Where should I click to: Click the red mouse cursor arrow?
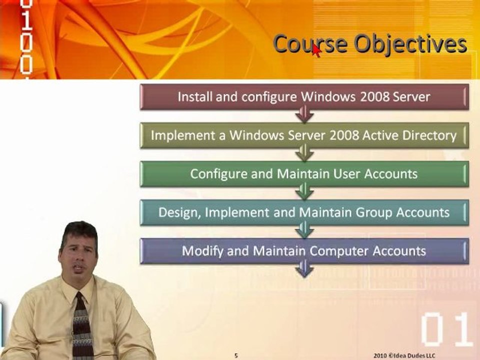(316, 50)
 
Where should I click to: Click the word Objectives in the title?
(410, 44)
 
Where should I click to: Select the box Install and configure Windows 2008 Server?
(304, 97)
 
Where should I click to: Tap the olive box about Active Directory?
(304, 135)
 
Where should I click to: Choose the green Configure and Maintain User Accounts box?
(304, 174)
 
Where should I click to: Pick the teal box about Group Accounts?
(304, 212)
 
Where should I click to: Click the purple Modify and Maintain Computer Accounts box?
(304, 251)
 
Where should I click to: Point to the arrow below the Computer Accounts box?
(304, 269)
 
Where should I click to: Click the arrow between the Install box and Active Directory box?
(304, 114)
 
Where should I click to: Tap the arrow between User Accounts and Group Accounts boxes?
(304, 191)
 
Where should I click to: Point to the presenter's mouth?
(78, 269)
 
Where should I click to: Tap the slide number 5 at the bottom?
(236, 355)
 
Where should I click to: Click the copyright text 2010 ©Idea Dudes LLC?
(404, 355)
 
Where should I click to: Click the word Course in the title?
(310, 44)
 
